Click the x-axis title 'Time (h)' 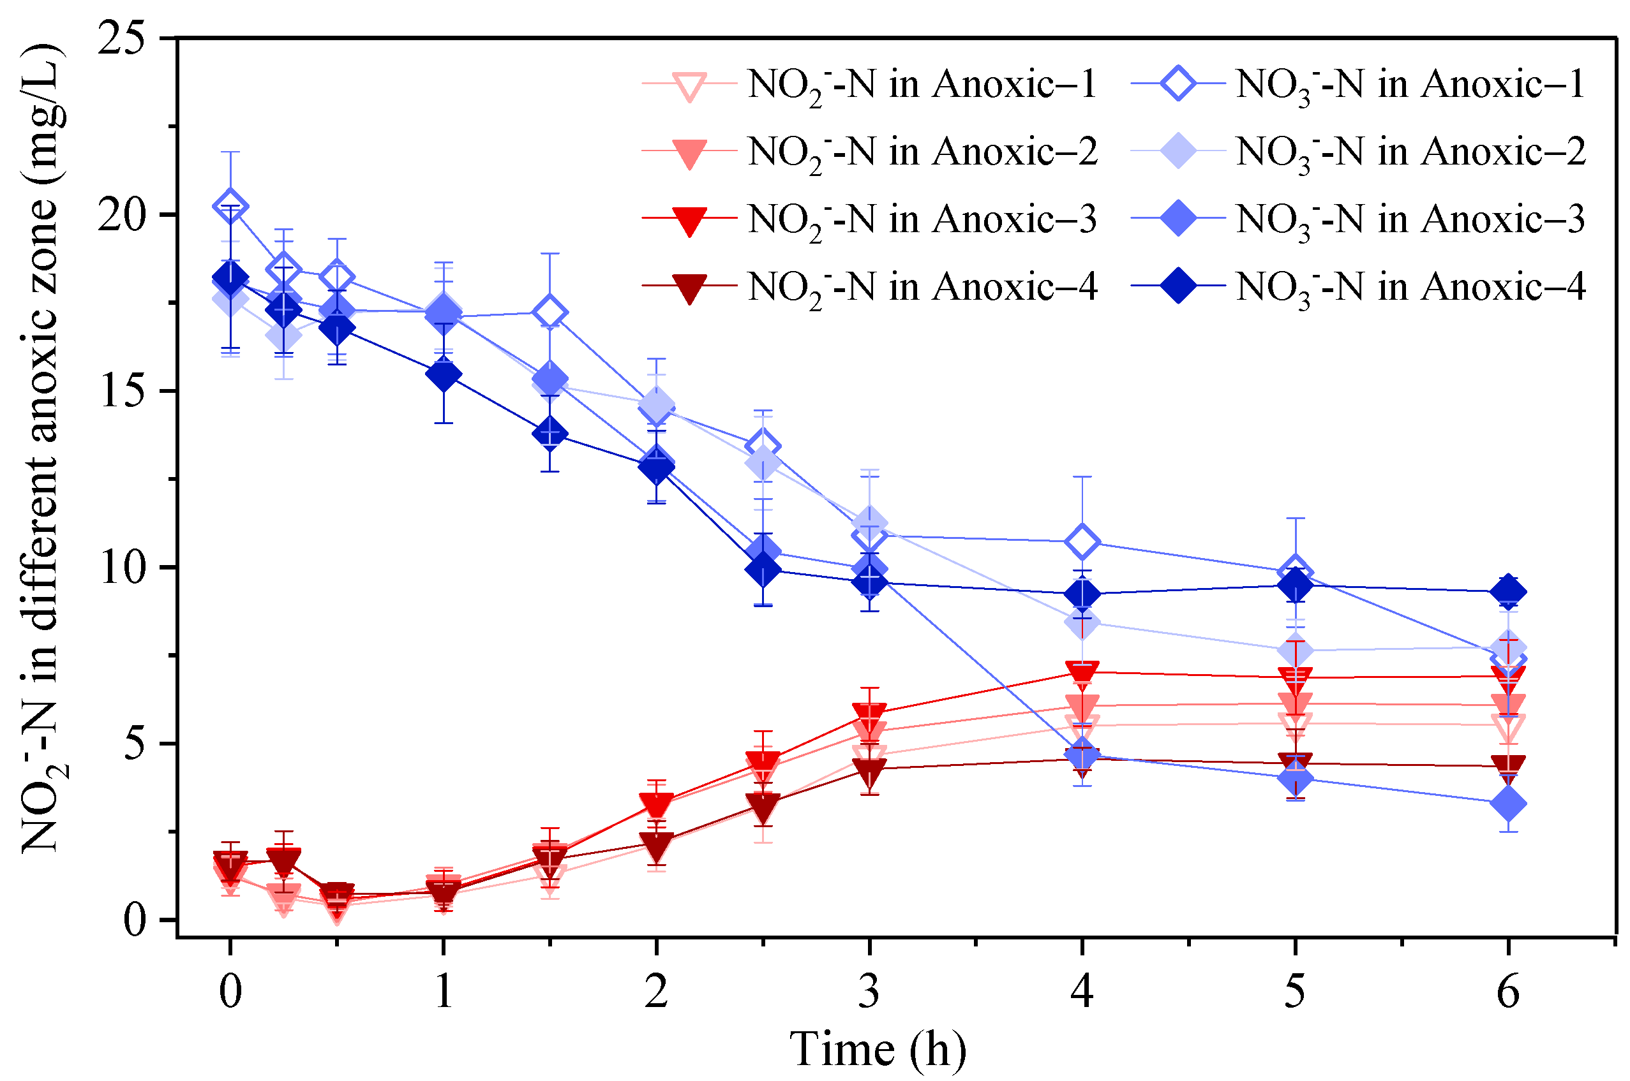877,1049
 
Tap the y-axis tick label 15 124,391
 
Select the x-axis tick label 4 1082,993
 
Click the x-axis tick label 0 230,993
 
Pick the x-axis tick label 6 1508,993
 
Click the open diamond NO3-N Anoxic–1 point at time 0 230,206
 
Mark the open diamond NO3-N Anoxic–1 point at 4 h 1082,542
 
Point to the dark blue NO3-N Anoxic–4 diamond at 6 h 1508,591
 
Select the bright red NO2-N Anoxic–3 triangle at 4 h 1082,673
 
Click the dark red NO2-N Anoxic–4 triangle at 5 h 1296,764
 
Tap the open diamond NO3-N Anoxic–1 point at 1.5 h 550,313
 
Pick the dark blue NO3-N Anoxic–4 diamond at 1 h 444,374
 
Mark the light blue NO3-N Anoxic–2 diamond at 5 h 1296,650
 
